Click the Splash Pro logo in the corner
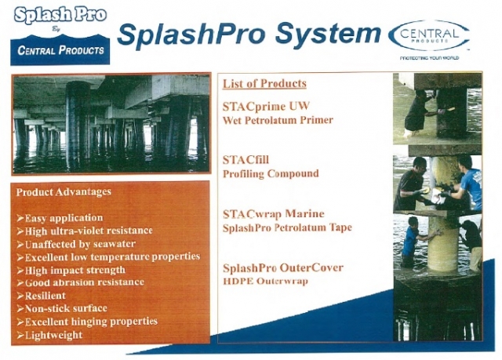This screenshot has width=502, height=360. [60, 35]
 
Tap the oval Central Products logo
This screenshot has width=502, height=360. [429, 35]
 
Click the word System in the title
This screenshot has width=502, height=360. [328, 34]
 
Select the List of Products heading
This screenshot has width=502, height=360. [264, 83]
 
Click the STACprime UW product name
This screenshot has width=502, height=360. [266, 106]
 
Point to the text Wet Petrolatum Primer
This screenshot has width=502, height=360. [278, 120]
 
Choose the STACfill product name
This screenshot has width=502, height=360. [246, 160]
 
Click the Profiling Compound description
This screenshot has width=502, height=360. [271, 174]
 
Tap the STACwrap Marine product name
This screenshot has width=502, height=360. [274, 214]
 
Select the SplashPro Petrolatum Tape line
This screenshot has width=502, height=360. [287, 227]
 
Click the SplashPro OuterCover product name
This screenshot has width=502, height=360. [283, 267]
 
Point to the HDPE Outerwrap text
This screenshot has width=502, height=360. [265, 282]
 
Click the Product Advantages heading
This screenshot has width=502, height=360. [64, 192]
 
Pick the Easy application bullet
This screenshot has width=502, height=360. [60, 218]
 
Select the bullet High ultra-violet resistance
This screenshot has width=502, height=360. [85, 231]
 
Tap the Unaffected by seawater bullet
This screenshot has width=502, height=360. [76, 245]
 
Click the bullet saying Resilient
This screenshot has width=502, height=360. [41, 296]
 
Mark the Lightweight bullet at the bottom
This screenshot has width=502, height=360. [49, 335]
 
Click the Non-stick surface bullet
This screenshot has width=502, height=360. [62, 308]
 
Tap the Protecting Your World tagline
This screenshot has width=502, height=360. [429, 58]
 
